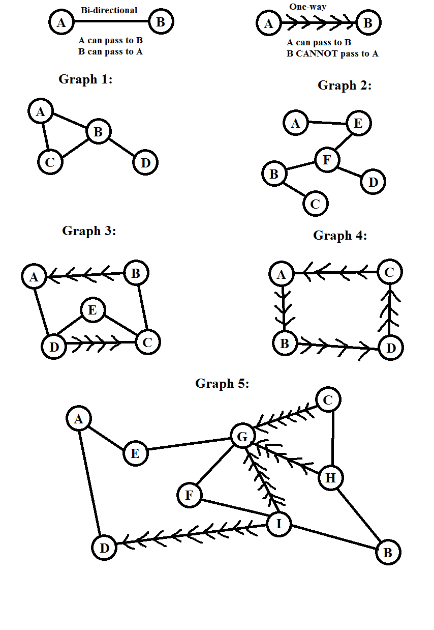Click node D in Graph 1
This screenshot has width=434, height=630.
[x=145, y=163]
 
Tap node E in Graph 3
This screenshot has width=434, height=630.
[x=92, y=310]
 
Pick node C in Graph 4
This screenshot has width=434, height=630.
[x=389, y=272]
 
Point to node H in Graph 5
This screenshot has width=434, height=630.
[x=331, y=478]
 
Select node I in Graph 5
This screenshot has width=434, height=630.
[x=278, y=523]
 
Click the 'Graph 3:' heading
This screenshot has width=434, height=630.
[x=89, y=231]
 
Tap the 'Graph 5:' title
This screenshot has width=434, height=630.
[x=222, y=383]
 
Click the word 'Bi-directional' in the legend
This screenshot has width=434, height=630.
[x=109, y=10]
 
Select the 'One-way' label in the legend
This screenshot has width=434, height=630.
[x=307, y=7]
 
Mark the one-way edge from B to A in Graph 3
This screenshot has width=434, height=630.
[x=86, y=275]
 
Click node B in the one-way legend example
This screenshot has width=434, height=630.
[x=368, y=23]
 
